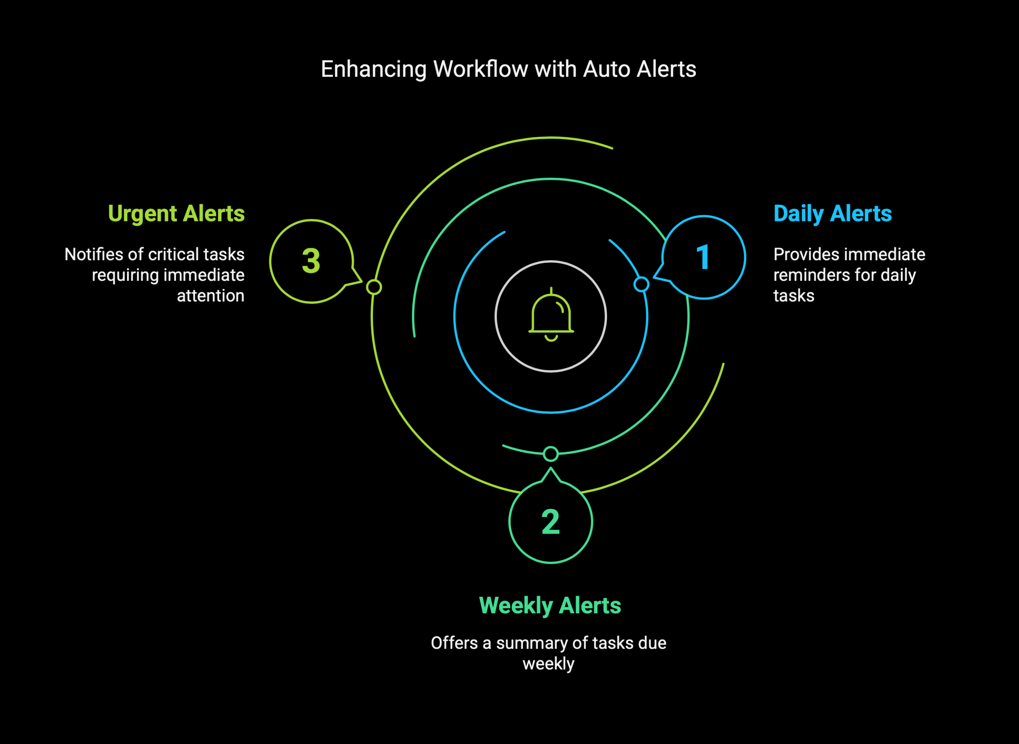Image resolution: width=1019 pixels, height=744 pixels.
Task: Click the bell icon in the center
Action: pyautogui.click(x=551, y=315)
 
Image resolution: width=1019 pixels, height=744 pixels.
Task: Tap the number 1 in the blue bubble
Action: pyautogui.click(x=703, y=258)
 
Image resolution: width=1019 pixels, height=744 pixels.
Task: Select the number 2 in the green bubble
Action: pyautogui.click(x=550, y=522)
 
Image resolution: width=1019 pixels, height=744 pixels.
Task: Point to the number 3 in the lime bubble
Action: pyautogui.click(x=311, y=261)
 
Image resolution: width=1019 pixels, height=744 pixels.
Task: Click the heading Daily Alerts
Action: pyautogui.click(x=832, y=214)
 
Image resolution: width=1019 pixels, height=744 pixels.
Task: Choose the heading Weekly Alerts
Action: pyautogui.click(x=550, y=605)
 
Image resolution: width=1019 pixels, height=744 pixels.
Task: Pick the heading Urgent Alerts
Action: pyautogui.click(x=176, y=214)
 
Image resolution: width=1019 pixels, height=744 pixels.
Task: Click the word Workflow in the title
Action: pyautogui.click(x=480, y=69)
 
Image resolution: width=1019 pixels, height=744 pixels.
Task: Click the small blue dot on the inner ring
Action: pyautogui.click(x=641, y=284)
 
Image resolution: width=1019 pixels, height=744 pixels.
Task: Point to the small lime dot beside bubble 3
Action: pyautogui.click(x=374, y=287)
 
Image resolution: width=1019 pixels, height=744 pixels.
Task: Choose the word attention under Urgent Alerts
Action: pyautogui.click(x=211, y=296)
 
